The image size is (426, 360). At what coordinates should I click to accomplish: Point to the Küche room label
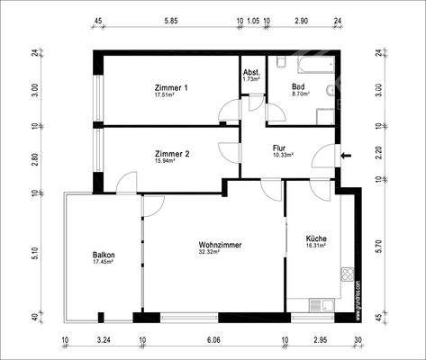pos(315,238)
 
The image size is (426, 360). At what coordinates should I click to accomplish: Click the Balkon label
pos(104,255)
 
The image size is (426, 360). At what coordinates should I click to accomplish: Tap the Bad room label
pos(298,86)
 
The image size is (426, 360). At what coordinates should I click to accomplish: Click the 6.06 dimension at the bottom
pos(213,342)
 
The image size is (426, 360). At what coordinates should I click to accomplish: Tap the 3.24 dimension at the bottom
pos(103,342)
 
